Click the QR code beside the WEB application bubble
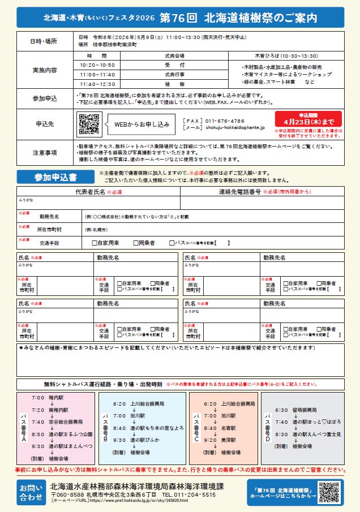pos(89,124)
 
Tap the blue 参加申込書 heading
pos(54,177)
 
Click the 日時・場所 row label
pos(44,41)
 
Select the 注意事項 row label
pos(44,152)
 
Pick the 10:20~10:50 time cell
pos(97,65)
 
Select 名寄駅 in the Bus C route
pos(229,428)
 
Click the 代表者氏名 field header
pos(98,192)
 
